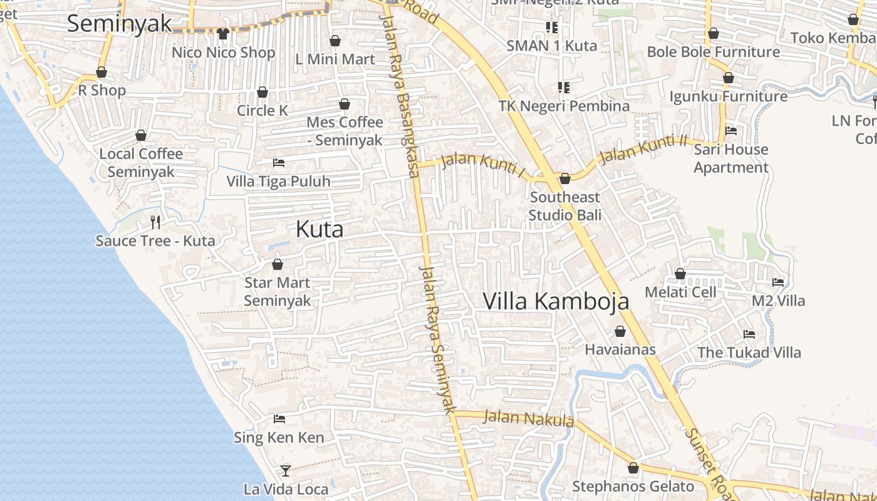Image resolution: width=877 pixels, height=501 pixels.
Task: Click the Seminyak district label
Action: coord(119,23)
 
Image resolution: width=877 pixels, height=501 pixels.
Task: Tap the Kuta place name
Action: coord(319,229)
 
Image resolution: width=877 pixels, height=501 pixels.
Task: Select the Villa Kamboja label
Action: coord(556,301)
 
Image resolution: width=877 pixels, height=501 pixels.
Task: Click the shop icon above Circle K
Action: coord(262,93)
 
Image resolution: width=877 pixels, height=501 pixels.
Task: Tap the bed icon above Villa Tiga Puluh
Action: coord(279,163)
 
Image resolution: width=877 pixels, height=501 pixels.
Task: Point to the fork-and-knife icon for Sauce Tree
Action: coord(155,222)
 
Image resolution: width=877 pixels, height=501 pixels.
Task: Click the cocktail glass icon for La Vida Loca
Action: coord(286,470)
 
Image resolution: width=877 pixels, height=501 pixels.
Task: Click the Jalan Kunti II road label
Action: coord(642,149)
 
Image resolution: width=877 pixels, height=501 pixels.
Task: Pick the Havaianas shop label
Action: coord(620,349)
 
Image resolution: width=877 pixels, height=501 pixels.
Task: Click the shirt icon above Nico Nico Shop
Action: coord(223,34)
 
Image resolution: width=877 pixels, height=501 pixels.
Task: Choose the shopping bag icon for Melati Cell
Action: coord(680,274)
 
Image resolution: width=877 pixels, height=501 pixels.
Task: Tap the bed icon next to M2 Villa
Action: coord(778,282)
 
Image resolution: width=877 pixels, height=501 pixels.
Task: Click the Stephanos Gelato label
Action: coord(633,487)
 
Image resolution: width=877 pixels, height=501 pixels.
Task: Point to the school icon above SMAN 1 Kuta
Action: coord(552,27)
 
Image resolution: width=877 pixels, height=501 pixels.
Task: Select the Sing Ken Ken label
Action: coord(279,437)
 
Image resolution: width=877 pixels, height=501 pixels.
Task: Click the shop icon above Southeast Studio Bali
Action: coord(564,179)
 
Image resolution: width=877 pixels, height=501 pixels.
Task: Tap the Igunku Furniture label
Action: coord(729,96)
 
